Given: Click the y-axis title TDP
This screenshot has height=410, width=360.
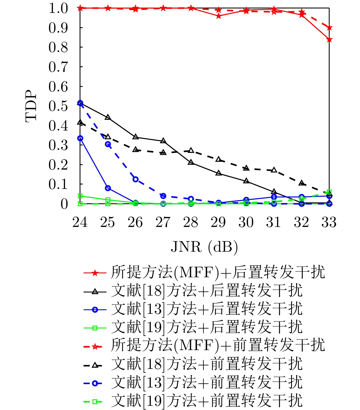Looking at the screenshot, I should coord(31,106).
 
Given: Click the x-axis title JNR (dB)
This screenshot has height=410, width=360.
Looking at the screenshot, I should coord(204,247).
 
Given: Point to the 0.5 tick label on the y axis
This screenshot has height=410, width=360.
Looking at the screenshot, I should coord(58,106).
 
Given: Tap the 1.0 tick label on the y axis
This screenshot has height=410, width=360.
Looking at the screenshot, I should coord(58,8).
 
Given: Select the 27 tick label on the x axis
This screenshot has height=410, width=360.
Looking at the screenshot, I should coord(163,222).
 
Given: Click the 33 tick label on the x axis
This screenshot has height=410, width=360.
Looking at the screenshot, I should coord(329,222).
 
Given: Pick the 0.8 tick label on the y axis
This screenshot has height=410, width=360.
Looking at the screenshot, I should coord(58,47).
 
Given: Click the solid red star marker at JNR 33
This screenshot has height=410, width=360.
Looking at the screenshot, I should coord(329,39).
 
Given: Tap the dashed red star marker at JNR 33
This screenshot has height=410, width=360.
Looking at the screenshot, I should coord(329,28).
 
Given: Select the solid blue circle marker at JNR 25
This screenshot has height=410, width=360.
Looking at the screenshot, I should coord(108,188).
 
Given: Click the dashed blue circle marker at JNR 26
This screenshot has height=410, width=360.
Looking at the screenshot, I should coord(135,179).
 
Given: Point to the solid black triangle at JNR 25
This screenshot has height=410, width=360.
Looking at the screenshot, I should coord(108,117).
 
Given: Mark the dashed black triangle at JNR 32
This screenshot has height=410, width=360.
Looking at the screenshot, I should coord(301,183).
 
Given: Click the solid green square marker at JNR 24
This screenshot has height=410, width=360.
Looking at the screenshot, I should coord(80,196).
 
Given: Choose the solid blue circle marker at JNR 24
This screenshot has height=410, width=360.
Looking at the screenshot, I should coord(80,138).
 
